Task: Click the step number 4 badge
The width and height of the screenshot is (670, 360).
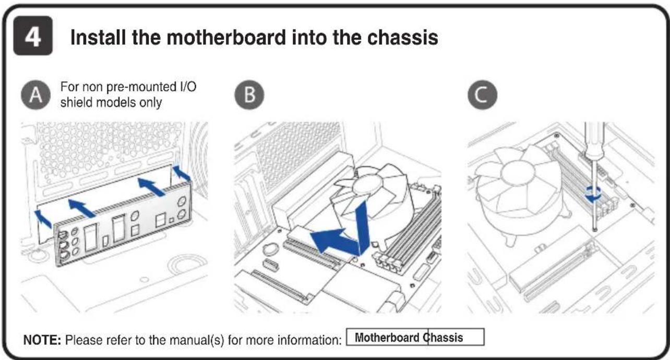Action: click(33, 35)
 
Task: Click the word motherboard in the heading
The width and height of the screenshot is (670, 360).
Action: click(226, 38)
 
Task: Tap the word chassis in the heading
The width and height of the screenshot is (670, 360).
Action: click(403, 38)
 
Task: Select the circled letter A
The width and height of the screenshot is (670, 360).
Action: click(35, 95)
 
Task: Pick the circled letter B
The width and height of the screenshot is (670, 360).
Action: click(249, 95)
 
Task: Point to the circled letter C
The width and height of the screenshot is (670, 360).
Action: click(482, 95)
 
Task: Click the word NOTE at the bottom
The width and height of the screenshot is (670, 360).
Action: click(42, 340)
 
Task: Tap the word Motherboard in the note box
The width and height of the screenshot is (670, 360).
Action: click(387, 338)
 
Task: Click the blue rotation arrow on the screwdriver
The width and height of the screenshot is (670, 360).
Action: click(593, 194)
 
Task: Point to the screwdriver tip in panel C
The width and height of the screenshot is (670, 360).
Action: click(595, 230)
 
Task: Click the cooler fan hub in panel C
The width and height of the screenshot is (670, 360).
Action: click(518, 173)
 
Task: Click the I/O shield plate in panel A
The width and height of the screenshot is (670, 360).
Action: click(123, 224)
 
